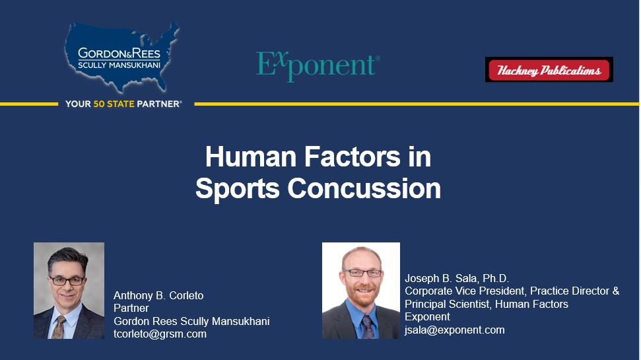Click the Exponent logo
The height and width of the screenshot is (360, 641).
(318, 66)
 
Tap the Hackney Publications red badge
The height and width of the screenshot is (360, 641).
(549, 69)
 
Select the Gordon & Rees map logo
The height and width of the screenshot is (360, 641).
(122, 57)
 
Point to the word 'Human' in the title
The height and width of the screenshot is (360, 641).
(251, 157)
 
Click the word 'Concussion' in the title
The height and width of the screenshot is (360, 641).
(364, 188)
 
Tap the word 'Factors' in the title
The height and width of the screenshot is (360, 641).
(353, 157)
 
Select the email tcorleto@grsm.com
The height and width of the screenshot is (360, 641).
(160, 334)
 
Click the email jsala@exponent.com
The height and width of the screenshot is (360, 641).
(455, 330)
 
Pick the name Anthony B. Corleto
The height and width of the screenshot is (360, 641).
(158, 295)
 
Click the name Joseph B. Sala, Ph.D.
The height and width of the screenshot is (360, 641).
(457, 278)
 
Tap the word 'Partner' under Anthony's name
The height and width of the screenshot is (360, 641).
(131, 308)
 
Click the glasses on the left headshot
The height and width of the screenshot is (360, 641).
(67, 281)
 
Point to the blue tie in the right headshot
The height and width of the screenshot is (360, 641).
(368, 327)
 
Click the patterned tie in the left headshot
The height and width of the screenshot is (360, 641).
(59, 327)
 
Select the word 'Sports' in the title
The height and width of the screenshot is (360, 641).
(238, 189)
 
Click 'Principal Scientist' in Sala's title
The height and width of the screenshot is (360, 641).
(447, 304)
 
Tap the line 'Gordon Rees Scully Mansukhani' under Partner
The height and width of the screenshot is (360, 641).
(191, 321)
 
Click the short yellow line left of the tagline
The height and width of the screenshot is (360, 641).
(29, 104)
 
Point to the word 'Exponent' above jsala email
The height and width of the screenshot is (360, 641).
(427, 316)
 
